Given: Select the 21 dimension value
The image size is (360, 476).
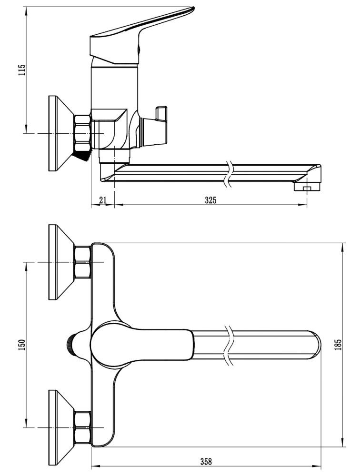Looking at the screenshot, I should click(103, 200).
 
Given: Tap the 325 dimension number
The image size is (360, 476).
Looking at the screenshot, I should click(210, 200).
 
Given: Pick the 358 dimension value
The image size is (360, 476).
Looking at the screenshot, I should click(206, 462).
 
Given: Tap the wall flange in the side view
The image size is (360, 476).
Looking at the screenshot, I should click(60, 133).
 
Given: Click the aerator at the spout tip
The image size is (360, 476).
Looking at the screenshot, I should click(307, 187).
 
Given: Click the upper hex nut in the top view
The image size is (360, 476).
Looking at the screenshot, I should click(83, 262).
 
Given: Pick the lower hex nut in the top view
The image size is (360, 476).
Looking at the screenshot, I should click(83, 427).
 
